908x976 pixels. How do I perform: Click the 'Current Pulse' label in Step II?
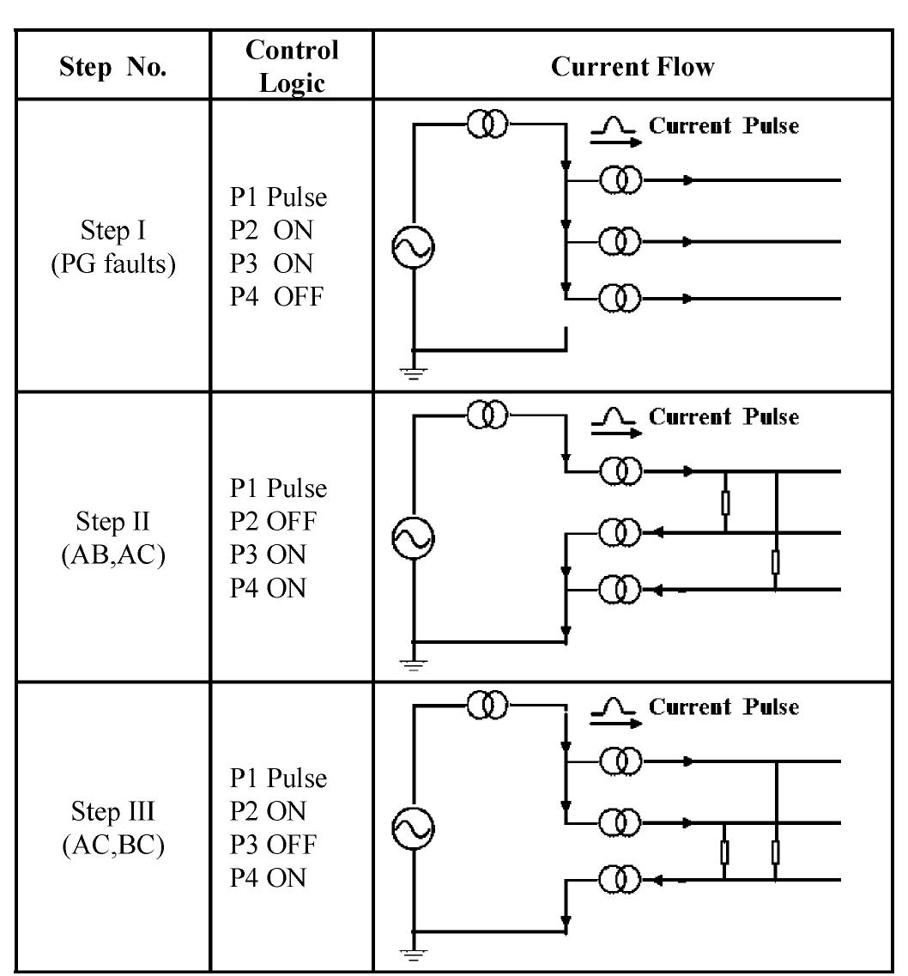point(723,417)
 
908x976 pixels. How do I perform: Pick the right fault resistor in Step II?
point(776,562)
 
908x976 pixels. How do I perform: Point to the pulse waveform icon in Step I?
point(615,126)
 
